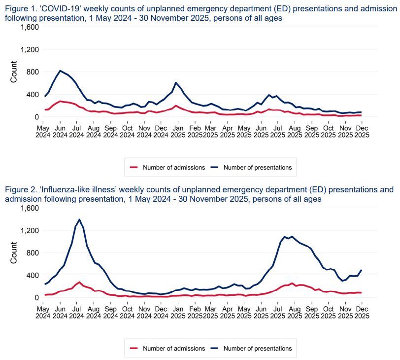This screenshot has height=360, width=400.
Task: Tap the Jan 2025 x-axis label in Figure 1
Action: click(x=177, y=131)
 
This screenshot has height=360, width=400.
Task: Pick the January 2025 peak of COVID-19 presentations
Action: click(x=176, y=82)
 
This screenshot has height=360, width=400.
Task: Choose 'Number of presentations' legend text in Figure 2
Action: click(x=258, y=349)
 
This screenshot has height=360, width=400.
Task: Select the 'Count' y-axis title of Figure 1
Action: click(x=14, y=72)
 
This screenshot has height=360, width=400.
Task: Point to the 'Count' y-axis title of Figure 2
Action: click(x=14, y=252)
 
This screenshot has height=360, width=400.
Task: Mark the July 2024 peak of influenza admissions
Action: click(x=79, y=283)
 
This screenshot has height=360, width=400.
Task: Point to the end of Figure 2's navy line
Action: click(x=362, y=270)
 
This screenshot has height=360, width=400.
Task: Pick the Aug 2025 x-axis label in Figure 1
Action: click(x=295, y=131)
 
